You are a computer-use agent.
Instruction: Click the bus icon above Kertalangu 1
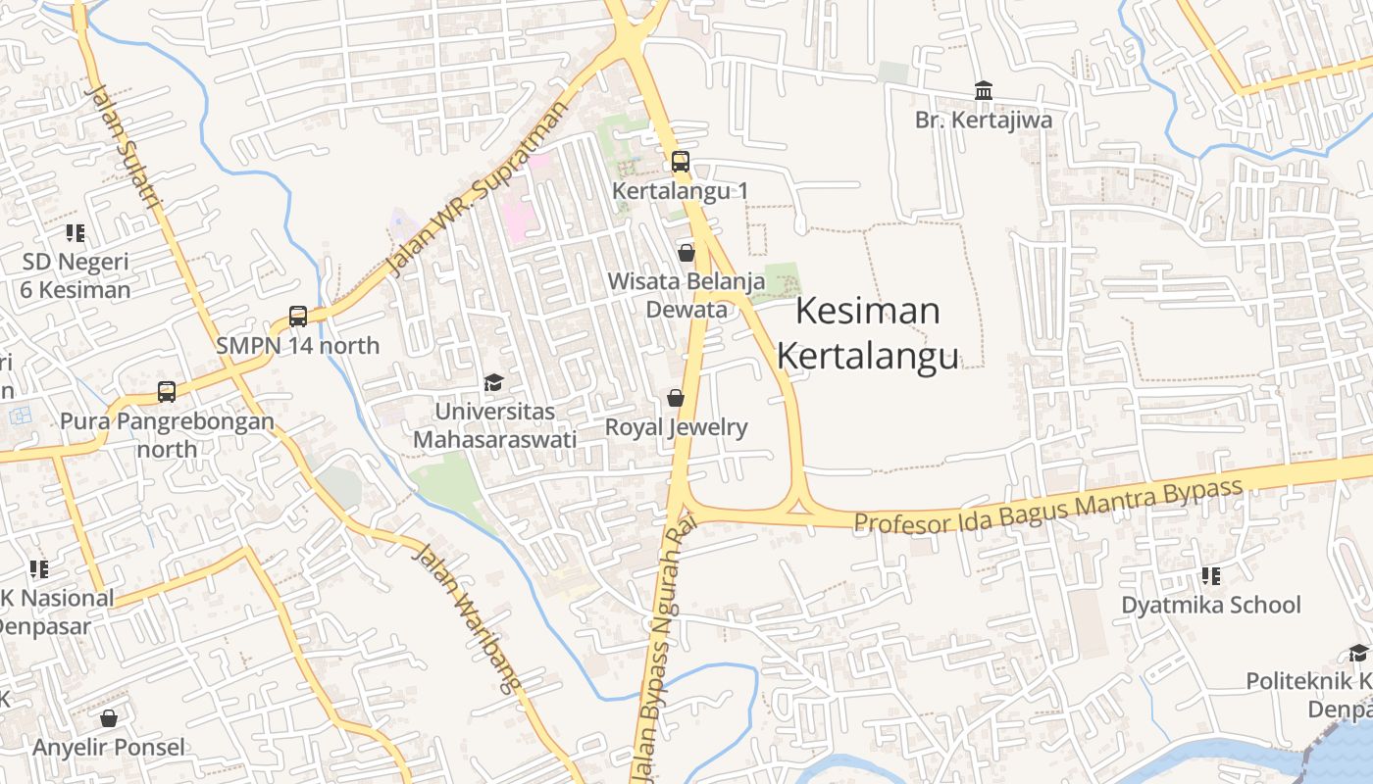point(681,162)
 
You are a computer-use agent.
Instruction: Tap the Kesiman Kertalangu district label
point(868,334)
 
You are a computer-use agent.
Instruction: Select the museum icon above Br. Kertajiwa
point(984,91)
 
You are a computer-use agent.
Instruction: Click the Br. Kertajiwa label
point(984,121)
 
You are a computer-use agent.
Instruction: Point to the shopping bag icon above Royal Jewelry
point(676,398)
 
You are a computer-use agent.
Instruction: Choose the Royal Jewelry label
point(676,427)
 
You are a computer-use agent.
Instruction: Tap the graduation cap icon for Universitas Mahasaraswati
point(493,382)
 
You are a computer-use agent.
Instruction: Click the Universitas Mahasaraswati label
point(494,425)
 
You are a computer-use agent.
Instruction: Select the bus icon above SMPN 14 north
point(298,317)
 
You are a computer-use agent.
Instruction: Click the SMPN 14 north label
point(297,346)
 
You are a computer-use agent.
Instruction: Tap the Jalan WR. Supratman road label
point(478,188)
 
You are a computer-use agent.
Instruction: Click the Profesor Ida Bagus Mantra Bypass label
point(1048,505)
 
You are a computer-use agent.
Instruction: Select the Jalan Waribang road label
point(464,618)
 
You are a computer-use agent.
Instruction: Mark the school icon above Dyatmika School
point(1211,575)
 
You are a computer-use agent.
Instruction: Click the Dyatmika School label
point(1211,605)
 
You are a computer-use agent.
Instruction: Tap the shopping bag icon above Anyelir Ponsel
point(109,718)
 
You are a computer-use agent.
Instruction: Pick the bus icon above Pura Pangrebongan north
point(167,392)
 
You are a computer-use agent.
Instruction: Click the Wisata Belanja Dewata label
point(686,295)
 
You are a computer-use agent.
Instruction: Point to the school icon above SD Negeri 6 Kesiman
point(76,233)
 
